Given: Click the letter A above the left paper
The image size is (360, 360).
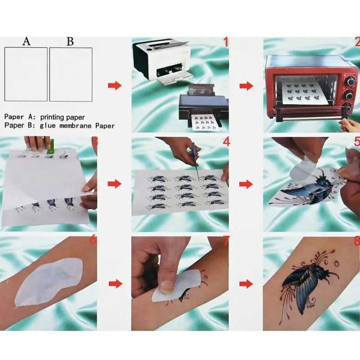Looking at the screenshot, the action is (26, 41).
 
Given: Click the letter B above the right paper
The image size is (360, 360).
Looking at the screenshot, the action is (70, 42).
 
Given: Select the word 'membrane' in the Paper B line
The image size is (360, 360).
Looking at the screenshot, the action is (76, 126).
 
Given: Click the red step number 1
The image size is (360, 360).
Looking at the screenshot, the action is (226, 42).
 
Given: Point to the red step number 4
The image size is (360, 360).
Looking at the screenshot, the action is (226, 142).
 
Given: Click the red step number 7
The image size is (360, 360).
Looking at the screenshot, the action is (226, 241).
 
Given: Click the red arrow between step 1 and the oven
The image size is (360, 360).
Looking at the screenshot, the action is (246, 86).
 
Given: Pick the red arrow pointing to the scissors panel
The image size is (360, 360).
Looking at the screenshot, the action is (115, 184).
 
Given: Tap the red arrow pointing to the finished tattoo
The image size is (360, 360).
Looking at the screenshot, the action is (246, 284).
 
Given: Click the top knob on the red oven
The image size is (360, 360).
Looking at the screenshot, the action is (351, 82).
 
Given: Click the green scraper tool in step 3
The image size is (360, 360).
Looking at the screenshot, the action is (51, 147).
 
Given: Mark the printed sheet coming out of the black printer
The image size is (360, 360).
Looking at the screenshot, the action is (205, 122).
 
